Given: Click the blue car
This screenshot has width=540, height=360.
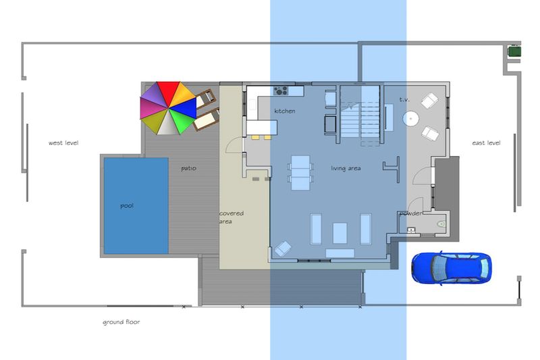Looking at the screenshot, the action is coord(452,267).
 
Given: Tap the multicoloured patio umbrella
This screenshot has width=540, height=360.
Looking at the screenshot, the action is coord(168,108).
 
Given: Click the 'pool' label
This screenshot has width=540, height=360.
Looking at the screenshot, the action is coord(127,205).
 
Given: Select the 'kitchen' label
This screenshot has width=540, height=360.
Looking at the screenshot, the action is coord(284,111).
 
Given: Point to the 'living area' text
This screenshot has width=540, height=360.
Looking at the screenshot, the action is coord(346,168).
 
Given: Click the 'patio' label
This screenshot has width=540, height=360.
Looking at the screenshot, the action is coord(188,168).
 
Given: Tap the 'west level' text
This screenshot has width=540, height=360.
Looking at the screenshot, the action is coord(63,143).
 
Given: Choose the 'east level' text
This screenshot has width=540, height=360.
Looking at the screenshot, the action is coord(486,143).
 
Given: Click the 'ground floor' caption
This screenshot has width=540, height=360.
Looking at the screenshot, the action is coord(122,322).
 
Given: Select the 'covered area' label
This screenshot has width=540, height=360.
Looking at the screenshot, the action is coord(231,217).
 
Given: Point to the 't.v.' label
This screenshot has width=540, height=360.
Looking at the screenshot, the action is coord(404,99).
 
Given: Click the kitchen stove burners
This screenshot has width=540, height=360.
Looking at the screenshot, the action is coord(281,91).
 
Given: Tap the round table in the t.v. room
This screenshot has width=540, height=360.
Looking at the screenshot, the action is coord(410,119).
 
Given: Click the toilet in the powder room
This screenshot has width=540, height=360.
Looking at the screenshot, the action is coord(441,224).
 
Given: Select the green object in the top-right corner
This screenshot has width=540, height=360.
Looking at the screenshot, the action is coord(514,51).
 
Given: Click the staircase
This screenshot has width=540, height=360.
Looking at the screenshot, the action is coord(360,114).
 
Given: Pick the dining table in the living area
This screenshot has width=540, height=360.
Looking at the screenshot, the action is coord(300,173).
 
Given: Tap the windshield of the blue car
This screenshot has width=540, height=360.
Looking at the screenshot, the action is coord(435,267).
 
